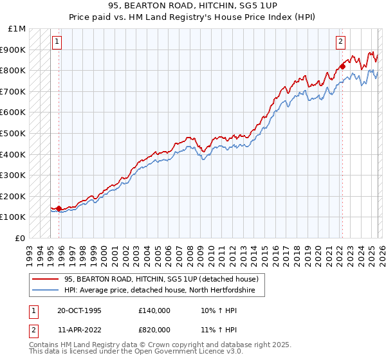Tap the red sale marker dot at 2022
click(342, 66)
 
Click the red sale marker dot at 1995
click(59, 208)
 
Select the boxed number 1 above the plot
click(57, 42)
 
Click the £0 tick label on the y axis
click(20, 238)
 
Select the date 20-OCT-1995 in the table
click(79, 310)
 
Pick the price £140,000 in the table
click(154, 310)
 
